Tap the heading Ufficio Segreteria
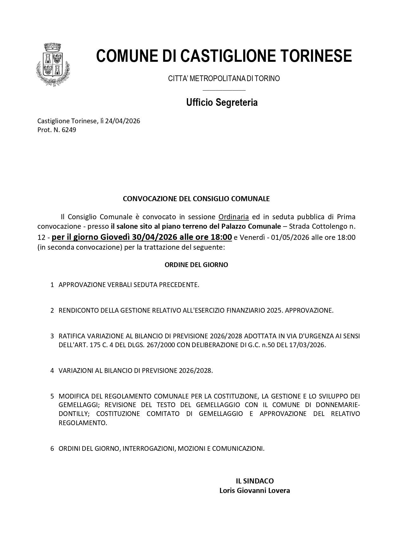(222, 102)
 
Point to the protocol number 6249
(69, 130)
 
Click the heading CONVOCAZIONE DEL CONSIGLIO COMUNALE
(196, 199)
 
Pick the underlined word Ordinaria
(233, 217)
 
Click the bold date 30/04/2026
(155, 237)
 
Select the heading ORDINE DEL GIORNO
(196, 265)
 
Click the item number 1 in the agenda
(52, 285)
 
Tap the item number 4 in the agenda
(52, 371)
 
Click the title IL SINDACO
(255, 481)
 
